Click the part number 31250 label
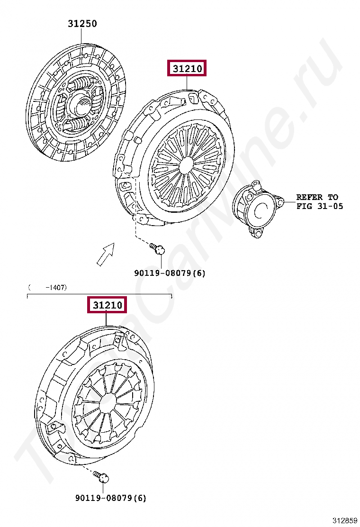pyautogui.click(x=82, y=24)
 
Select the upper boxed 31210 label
pyautogui.click(x=187, y=69)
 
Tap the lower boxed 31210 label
pyautogui.click(x=107, y=305)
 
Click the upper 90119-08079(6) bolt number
pyautogui.click(x=170, y=273)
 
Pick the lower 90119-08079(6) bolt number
pyautogui.click(x=111, y=498)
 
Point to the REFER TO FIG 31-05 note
pyautogui.click(x=319, y=202)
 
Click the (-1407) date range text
pyautogui.click(x=48, y=287)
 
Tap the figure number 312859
pyautogui.click(x=345, y=521)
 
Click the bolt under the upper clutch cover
pyautogui.click(x=157, y=249)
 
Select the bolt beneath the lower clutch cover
pyautogui.click(x=102, y=476)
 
